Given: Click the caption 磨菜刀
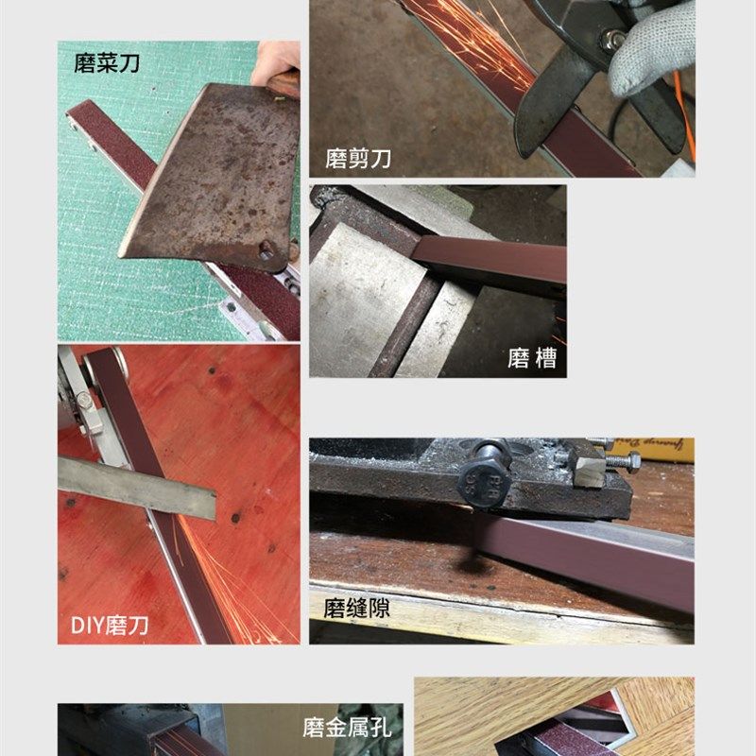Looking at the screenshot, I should [106, 64].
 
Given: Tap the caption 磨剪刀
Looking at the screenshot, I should [358, 159].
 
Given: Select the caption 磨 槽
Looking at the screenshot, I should [532, 358].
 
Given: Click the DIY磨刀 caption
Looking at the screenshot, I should [110, 625].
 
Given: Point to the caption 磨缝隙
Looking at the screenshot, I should [356, 609].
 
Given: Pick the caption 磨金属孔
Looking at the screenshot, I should [346, 728].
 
